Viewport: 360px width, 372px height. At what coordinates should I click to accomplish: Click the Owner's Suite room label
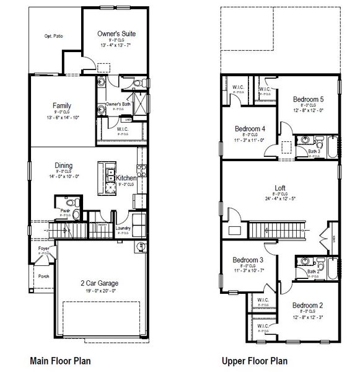click(x=117, y=33)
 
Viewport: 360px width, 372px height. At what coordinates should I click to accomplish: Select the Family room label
click(x=61, y=105)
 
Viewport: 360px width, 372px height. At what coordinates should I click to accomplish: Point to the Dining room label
click(x=63, y=166)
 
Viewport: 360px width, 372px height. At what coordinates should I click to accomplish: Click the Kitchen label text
click(x=126, y=178)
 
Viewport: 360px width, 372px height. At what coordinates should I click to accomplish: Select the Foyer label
click(x=43, y=249)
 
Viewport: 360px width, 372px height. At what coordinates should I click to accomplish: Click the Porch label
click(x=43, y=277)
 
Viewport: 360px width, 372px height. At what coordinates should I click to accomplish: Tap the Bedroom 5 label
click(x=308, y=99)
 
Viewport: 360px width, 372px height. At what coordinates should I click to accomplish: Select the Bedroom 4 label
click(x=250, y=129)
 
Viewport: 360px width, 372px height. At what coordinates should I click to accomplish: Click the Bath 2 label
click(x=314, y=271)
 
